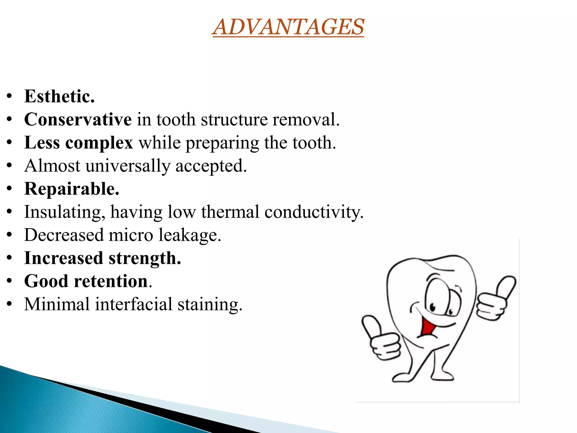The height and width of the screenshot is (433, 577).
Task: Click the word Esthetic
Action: [x=59, y=96]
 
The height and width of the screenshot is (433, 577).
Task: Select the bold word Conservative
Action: [x=78, y=119]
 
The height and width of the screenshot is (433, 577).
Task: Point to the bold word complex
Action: [x=99, y=143]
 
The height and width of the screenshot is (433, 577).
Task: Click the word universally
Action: [x=128, y=166]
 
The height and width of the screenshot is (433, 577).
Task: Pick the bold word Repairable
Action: [x=72, y=189]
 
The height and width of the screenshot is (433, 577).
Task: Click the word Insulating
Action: [x=65, y=212]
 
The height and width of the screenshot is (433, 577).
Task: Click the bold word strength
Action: [x=145, y=258]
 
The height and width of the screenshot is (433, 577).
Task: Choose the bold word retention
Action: [x=111, y=281]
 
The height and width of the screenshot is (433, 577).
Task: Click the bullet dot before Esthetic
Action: [x=10, y=96]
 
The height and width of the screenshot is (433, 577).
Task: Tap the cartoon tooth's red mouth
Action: [x=428, y=327]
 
